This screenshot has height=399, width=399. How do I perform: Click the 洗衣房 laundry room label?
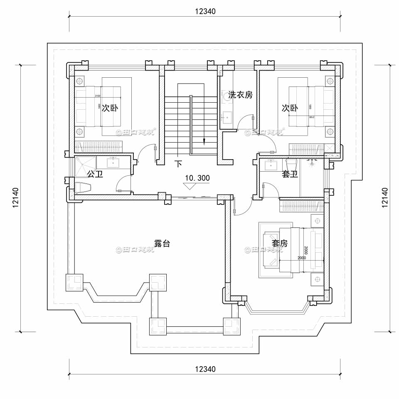pyautogui.click(x=237, y=95)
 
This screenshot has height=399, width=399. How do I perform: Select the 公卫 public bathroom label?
pyautogui.click(x=95, y=173)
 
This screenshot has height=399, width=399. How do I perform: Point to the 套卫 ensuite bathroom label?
pyautogui.click(x=290, y=175)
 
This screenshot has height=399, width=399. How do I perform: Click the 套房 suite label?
pyautogui.click(x=279, y=243)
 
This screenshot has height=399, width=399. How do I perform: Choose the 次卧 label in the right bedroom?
pyautogui.click(x=290, y=108)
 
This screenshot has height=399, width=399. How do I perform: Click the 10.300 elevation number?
pyautogui.click(x=197, y=178)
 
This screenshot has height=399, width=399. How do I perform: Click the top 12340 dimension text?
pyautogui.click(x=205, y=11)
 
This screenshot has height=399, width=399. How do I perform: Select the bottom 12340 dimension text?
pyautogui.click(x=205, y=369)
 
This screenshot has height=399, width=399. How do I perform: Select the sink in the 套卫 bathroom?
pyautogui.click(x=271, y=165)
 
